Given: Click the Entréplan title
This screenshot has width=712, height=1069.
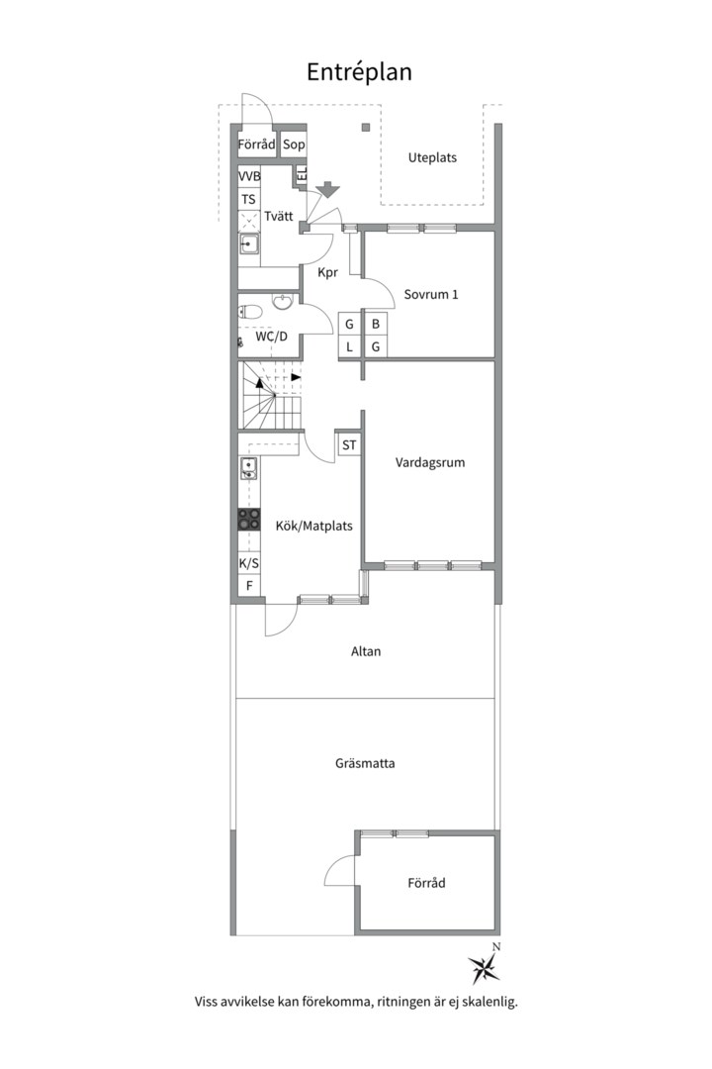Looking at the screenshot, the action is tap(359, 72).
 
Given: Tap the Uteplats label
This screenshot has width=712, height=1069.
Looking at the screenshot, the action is tap(432, 157).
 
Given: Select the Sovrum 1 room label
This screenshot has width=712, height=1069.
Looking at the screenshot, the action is tap(430, 295).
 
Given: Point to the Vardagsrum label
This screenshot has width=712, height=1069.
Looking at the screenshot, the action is tap(430, 462).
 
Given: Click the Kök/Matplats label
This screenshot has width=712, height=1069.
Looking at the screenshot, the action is tap(314, 526).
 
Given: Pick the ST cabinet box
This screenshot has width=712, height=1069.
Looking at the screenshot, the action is tap(349, 445).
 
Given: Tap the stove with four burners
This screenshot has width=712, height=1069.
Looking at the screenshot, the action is tap(248, 520).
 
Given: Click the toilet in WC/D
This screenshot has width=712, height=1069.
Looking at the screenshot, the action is tap(251, 312).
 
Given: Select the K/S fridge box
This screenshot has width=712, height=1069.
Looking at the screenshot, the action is tap(248, 564).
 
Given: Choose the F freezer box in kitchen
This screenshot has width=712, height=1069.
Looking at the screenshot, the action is tap(249, 586).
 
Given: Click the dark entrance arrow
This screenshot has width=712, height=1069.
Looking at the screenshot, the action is tap(328, 189).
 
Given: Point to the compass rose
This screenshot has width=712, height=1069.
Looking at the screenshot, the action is tap(485, 966).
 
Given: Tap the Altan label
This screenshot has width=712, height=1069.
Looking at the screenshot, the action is tap(366, 651).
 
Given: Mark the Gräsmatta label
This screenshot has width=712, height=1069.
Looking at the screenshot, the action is tap(365, 763).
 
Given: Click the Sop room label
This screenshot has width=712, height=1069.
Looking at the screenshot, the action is tap(294, 145).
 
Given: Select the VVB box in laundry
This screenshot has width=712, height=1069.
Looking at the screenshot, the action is tap(249, 176).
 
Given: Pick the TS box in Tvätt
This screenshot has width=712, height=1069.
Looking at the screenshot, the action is tap(248, 199).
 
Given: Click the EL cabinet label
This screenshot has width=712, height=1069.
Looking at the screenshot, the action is tap(302, 174).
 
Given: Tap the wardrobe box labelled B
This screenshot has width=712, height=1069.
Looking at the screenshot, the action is tap(375, 325).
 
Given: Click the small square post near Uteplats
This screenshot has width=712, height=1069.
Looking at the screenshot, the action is tap(366, 127).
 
